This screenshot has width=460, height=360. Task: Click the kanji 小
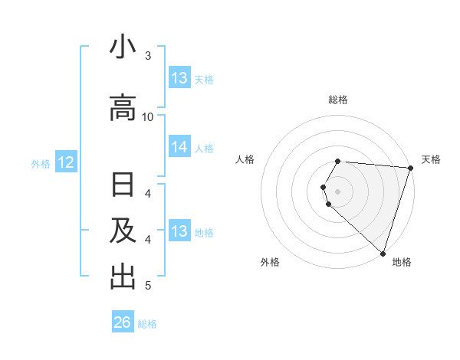point(123,47)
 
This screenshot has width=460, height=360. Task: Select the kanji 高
point(123,107)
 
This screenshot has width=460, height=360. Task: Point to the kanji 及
point(123,231)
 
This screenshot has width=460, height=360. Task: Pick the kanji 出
point(123,277)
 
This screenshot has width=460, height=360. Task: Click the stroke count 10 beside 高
point(148,116)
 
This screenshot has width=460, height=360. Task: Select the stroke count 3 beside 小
point(148,56)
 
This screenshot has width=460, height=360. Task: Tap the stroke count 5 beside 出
point(148,286)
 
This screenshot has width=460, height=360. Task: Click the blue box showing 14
point(179,148)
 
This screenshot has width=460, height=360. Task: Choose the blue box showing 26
point(123,322)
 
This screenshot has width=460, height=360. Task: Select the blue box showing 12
point(66,162)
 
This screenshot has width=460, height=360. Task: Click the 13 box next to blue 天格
point(179,78)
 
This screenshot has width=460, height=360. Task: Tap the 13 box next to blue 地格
point(179,232)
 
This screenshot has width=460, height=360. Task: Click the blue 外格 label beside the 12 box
point(41,163)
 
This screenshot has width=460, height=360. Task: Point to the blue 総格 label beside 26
point(147,324)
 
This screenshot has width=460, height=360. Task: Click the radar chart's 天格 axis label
point(431,159)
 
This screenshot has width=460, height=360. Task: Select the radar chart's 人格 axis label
point(245,159)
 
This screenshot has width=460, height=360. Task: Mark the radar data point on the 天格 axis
point(410,167)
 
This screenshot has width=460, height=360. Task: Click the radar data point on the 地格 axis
point(383,253)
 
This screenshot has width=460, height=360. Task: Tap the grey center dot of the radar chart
point(338,191)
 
